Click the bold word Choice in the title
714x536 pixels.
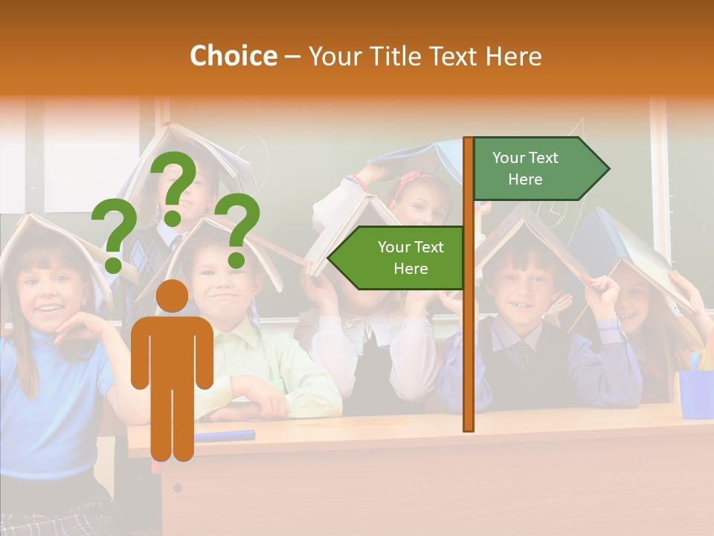(x=233, y=56)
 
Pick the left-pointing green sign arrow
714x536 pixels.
(x=398, y=258)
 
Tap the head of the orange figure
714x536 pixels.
(x=173, y=296)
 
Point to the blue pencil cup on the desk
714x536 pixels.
(x=695, y=392)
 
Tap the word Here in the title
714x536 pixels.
(x=513, y=57)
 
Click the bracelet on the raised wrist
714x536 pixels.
(x=356, y=182)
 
